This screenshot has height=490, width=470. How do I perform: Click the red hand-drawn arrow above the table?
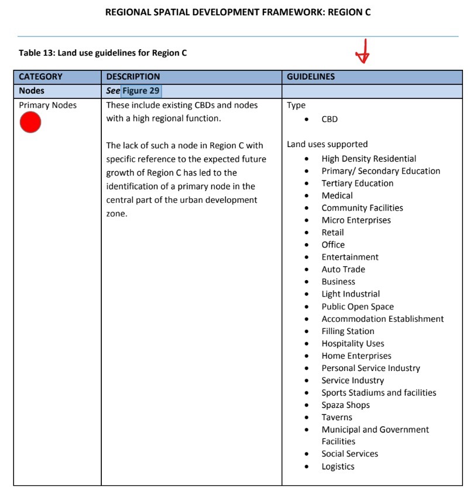[363, 52]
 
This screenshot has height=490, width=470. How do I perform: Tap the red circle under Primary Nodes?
[30, 122]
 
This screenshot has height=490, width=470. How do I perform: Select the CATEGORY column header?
[40, 77]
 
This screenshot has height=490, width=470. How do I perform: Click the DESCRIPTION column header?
[133, 77]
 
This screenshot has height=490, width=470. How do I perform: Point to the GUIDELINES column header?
[311, 77]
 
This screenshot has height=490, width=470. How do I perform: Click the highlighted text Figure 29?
[141, 91]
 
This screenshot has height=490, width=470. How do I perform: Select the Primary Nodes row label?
[47, 106]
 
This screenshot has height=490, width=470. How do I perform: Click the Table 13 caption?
[102, 53]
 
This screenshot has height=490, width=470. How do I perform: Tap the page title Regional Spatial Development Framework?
[238, 12]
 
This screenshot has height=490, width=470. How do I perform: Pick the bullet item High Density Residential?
[369, 159]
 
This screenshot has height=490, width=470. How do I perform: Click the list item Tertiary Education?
[357, 183]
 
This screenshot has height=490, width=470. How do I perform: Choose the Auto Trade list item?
[343, 270]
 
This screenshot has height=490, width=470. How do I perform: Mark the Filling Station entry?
[348, 331]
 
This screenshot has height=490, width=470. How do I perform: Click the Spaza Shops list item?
[345, 405]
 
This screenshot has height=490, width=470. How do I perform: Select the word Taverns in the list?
[337, 417]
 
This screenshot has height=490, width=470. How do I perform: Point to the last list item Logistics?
[338, 467]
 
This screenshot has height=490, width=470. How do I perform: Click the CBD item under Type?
[330, 119]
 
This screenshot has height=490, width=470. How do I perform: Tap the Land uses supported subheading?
[327, 144]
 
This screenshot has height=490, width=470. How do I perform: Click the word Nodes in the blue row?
[32, 91]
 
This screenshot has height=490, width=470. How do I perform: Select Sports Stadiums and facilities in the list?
[379, 393]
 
